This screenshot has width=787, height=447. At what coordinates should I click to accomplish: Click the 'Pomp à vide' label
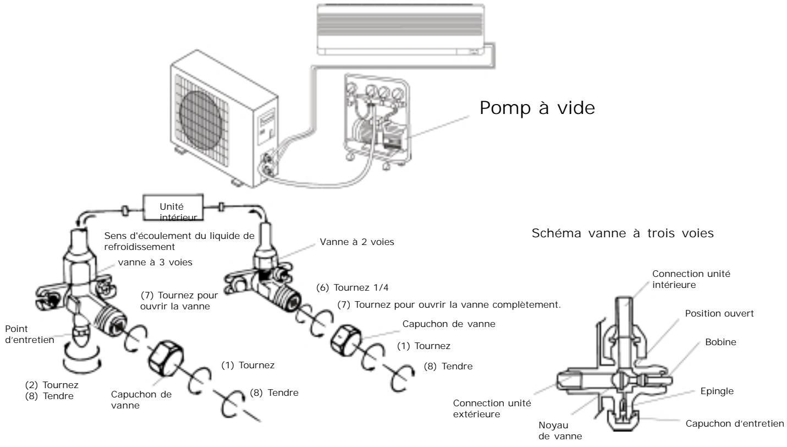coord(537,107)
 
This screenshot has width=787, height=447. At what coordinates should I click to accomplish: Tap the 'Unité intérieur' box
coord(173,208)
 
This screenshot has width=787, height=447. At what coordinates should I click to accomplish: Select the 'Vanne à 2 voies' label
coord(357,242)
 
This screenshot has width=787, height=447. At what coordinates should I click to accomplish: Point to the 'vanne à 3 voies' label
coord(155,263)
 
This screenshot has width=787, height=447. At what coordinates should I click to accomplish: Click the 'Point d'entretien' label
coord(30,335)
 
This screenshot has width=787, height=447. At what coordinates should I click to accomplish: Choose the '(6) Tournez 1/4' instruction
coord(353,288)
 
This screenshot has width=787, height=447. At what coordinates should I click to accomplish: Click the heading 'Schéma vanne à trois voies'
coord(623,233)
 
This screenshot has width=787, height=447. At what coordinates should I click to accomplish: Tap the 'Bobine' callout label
coord(720,342)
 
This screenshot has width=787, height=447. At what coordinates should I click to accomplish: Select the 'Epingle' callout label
coord(717,391)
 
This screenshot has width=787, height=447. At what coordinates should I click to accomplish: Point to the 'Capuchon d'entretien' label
coord(734,423)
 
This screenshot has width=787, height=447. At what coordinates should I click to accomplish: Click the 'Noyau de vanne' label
coord(560,431)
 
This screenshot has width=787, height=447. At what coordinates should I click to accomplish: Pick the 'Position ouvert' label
coord(719,313)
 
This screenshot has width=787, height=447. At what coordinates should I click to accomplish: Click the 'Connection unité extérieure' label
coord(492,408)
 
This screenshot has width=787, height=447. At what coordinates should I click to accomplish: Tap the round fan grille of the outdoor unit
coord(201,121)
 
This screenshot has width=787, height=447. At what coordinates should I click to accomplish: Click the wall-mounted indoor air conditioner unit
coord(401,30)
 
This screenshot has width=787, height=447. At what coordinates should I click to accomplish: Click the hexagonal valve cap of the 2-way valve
coord(346,340)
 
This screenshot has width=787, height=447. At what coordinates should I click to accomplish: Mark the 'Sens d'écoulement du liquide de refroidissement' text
coord(179,241)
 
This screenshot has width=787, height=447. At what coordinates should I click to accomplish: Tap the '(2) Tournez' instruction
coord(52,385)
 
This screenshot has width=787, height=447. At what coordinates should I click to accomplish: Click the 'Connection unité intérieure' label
coord(691,279)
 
